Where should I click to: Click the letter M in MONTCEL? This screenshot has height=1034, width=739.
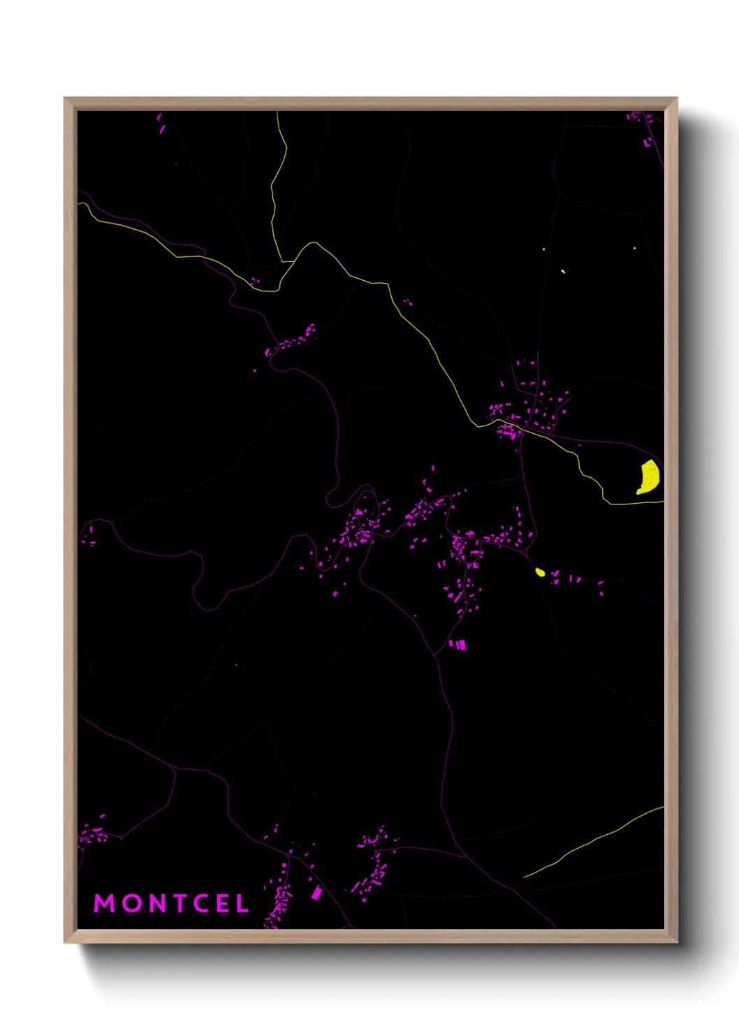pyautogui.click(x=105, y=903)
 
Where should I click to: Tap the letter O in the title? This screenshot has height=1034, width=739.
pyautogui.click(x=131, y=903)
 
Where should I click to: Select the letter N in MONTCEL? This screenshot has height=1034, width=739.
pyautogui.click(x=156, y=903)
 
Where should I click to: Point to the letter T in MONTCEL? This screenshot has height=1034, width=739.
pyautogui.click(x=179, y=903)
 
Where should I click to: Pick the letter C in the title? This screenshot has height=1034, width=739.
pyautogui.click(x=201, y=903)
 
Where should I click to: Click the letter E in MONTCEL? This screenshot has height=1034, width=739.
pyautogui.click(x=223, y=903)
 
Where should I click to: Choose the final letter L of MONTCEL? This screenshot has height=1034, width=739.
pyautogui.click(x=242, y=903)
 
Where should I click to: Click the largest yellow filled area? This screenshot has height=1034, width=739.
pyautogui.click(x=649, y=477)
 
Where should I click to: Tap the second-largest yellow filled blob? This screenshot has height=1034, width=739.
pyautogui.click(x=540, y=572)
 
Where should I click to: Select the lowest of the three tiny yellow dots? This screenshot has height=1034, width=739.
pyautogui.click(x=563, y=271)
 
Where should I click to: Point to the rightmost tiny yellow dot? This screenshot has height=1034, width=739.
pyautogui.click(x=634, y=248)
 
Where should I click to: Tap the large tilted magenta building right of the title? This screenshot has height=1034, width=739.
pyautogui.click(x=316, y=892)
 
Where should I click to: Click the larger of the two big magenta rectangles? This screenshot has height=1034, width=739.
pyautogui.click(x=461, y=645)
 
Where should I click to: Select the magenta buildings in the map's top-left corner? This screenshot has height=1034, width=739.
pyautogui.click(x=161, y=123)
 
